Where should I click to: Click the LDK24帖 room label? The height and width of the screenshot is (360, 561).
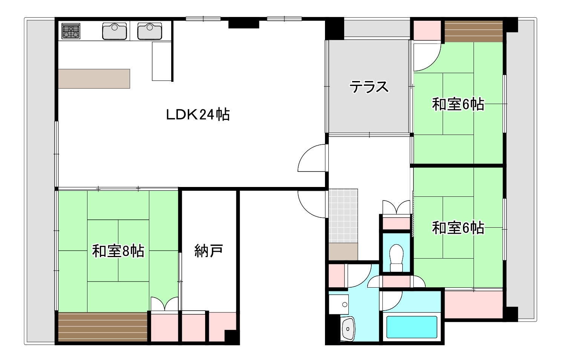pyautogui.click(x=198, y=114)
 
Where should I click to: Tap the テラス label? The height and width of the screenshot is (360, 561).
pyautogui.click(x=369, y=87)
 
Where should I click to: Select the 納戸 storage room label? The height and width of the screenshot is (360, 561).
pyautogui.click(x=208, y=251)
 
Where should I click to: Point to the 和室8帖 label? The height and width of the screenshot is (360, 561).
pyautogui.click(x=118, y=251)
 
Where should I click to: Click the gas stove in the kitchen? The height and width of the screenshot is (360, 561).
pyautogui.click(x=71, y=31)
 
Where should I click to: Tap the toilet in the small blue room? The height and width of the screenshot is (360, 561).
pyautogui.click(x=397, y=257)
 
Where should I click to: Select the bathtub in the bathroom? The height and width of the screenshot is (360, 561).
pyautogui.click(x=412, y=327)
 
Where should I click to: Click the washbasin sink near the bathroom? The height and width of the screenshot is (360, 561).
pyautogui.click(x=348, y=328)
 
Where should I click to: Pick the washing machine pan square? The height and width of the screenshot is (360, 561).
pyautogui.click(x=339, y=304)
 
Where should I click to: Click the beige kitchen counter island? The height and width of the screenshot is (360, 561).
pyautogui.click(x=94, y=78)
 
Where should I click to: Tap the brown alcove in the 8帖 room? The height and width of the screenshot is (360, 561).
pyautogui.click(x=103, y=327)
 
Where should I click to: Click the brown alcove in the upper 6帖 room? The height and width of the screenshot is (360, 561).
pyautogui.click(x=474, y=32)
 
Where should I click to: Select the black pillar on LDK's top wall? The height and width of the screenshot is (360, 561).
pyautogui.click(x=244, y=23)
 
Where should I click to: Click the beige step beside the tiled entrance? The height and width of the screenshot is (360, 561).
pyautogui.click(x=343, y=251)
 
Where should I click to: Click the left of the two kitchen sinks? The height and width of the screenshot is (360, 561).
pyautogui.click(x=114, y=31)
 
